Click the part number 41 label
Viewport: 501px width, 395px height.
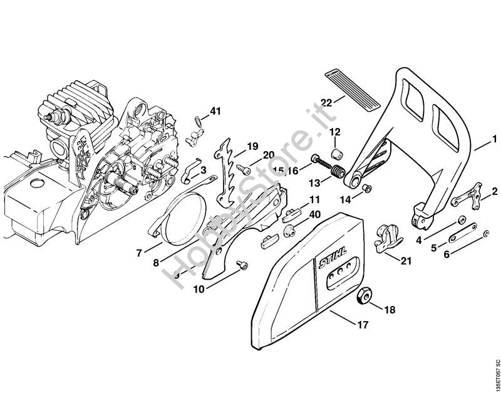click(x=215, y=112)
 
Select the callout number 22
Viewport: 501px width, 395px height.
click(x=326, y=103)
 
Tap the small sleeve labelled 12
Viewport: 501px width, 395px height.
click(x=336, y=153)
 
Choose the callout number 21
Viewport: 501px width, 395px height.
click(x=406, y=260)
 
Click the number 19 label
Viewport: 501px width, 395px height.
click(x=252, y=146)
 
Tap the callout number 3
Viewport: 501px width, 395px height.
click(x=203, y=171)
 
